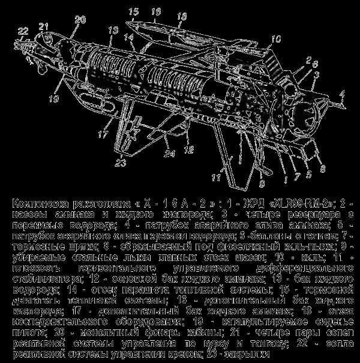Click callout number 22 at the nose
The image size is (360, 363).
pos(23,31)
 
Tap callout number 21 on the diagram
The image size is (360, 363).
pos(43,26)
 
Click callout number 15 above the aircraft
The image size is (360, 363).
pos(133,11)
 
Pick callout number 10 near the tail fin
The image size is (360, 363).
pos(275,40)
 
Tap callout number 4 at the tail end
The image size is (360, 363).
pos(343,94)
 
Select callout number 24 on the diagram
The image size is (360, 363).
pos(153,154)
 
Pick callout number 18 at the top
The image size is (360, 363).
pos(182,14)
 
